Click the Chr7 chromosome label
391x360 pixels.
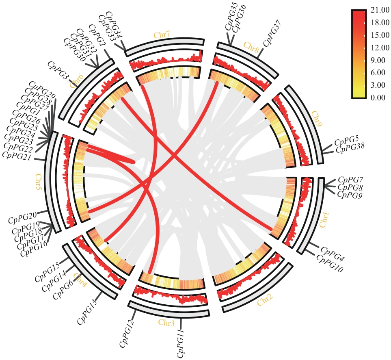click(x=162, y=35)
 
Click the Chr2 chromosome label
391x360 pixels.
click(x=265, y=301)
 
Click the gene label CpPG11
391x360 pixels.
click(x=181, y=344)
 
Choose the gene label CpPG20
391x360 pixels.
click(x=23, y=217)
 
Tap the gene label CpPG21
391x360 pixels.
click(x=17, y=154)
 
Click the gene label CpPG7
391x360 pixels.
click(x=350, y=180)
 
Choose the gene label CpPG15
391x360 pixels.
click(x=47, y=273)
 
